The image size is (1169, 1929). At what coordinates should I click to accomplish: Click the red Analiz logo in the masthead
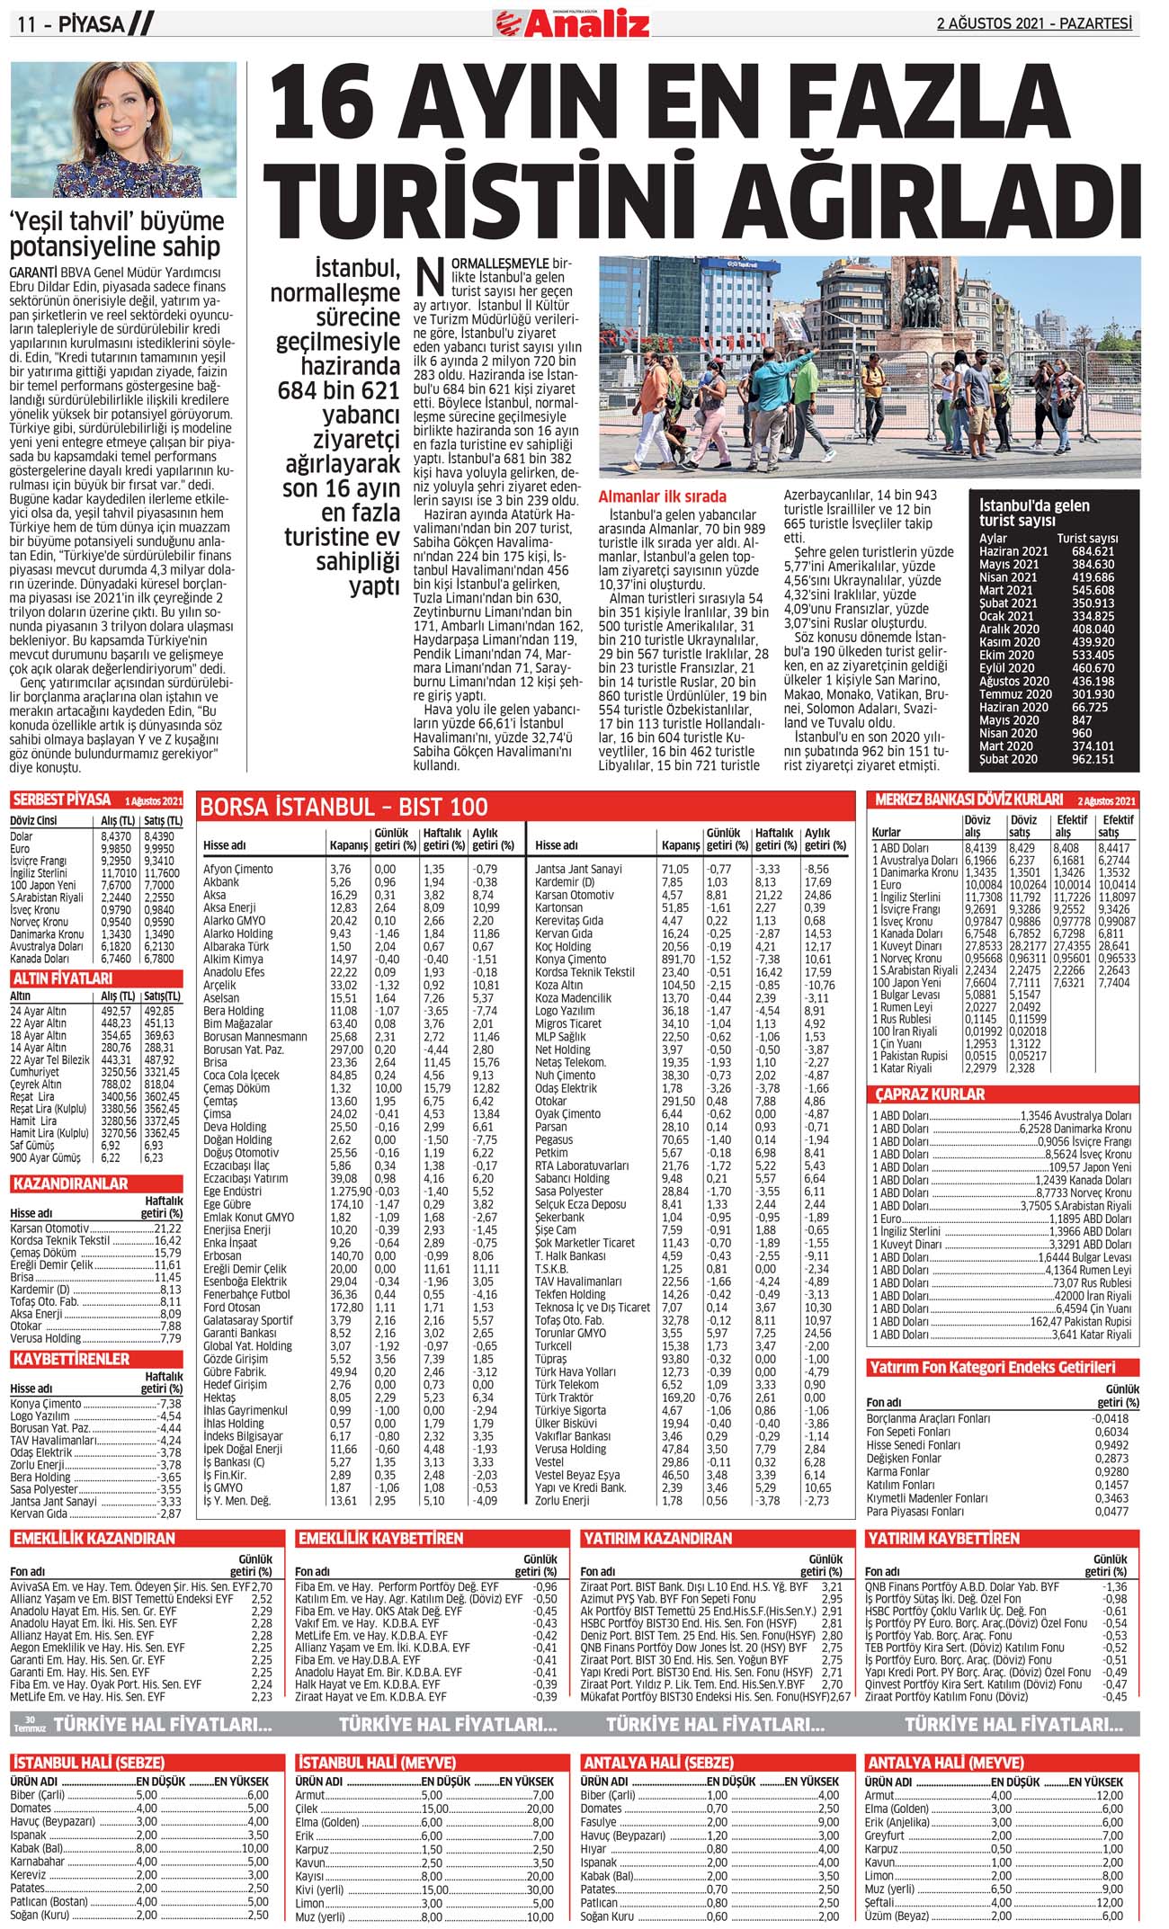click(572, 23)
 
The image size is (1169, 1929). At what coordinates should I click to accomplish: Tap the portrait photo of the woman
click(123, 129)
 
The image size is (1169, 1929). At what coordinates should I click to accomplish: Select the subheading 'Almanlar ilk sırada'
click(662, 496)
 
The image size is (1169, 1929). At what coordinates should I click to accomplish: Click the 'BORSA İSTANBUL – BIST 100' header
click(344, 807)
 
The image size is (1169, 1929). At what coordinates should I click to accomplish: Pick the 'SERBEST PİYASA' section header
click(62, 799)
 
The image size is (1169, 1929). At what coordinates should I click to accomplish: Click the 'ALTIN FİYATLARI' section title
click(62, 978)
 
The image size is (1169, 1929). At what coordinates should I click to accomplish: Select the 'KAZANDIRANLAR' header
click(69, 1183)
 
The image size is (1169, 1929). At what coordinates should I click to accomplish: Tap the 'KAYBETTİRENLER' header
click(71, 1359)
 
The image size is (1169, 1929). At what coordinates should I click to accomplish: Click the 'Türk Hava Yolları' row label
click(575, 1371)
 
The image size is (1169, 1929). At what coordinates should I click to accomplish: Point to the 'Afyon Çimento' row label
click(239, 869)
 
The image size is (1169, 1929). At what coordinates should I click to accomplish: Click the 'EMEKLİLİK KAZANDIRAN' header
click(94, 1539)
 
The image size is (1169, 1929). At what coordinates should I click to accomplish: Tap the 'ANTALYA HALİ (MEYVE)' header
click(944, 1763)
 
